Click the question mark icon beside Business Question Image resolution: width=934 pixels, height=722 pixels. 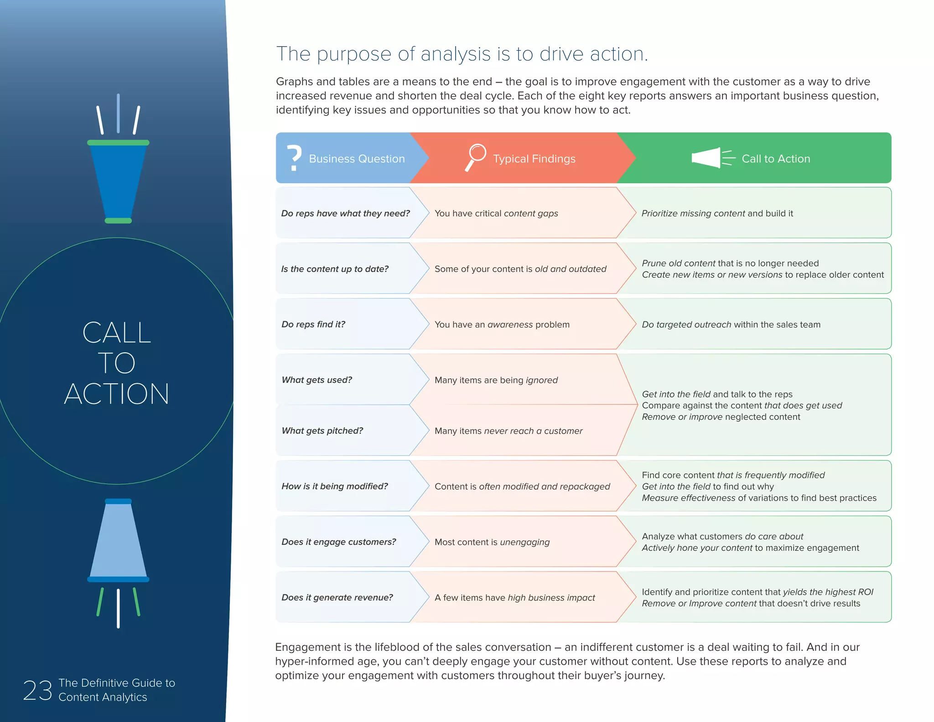point(295,158)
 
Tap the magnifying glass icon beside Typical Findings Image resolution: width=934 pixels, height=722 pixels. point(476,157)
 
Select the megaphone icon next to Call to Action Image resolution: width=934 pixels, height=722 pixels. point(712,158)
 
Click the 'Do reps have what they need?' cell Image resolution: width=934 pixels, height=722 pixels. point(345,213)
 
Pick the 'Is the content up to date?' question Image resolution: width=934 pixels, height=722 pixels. point(335,269)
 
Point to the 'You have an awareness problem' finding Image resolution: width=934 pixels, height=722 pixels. point(502,324)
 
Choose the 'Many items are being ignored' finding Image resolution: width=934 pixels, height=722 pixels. point(496,380)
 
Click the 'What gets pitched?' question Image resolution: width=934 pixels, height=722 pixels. point(322,431)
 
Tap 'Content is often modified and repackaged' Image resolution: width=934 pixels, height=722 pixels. point(522,487)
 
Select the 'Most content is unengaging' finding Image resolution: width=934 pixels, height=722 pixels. point(492,542)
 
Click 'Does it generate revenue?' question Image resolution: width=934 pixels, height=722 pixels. point(337,597)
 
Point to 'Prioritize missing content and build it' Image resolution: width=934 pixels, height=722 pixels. point(717,213)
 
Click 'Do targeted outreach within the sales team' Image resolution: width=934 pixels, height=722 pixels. point(731,324)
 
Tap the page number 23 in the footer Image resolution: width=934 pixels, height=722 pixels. point(37,690)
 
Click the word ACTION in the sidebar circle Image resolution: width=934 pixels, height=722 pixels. point(117,394)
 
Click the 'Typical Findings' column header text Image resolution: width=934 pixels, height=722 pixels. point(534,159)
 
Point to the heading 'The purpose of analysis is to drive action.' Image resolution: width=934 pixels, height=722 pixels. point(462,54)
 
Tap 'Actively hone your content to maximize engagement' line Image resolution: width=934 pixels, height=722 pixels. point(750,548)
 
